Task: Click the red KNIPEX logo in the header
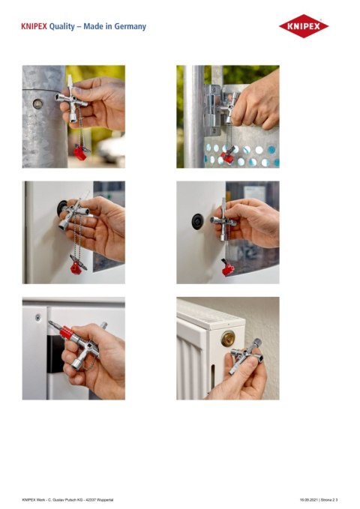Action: pos(304,26)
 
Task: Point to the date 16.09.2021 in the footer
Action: pos(310,498)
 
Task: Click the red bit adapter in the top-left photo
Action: pos(79,154)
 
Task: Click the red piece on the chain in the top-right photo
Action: pos(227,157)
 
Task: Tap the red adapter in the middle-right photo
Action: pos(227,268)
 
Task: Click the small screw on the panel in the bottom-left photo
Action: pos(37,317)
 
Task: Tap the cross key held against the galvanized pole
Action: pos(73,101)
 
